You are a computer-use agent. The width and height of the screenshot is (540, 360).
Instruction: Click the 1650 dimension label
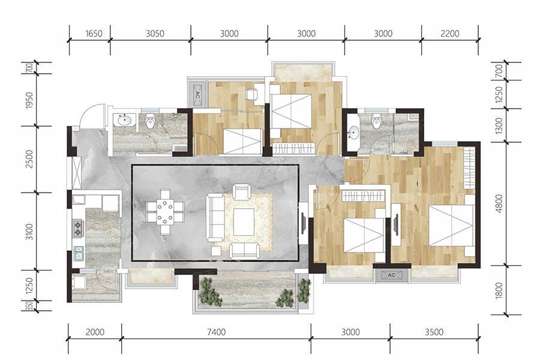[94, 34]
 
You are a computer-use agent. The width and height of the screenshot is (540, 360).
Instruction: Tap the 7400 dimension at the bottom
[217, 332]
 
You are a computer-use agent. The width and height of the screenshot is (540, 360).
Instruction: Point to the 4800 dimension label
[499, 203]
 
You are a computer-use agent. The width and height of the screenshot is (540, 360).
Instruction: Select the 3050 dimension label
[155, 34]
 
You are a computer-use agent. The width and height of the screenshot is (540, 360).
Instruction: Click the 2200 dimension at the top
[450, 34]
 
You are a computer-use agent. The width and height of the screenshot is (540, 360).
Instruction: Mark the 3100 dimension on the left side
[29, 232]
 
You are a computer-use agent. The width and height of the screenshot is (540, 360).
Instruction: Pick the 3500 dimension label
[434, 332]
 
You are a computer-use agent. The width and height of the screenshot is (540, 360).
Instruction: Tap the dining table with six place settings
[166, 212]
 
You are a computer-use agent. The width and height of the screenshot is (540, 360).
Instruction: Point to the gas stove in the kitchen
[78, 229]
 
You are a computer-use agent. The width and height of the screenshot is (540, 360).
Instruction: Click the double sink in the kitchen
[79, 253]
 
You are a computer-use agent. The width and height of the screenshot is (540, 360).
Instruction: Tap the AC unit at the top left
[197, 95]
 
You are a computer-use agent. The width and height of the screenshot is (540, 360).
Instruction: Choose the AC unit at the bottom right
[392, 275]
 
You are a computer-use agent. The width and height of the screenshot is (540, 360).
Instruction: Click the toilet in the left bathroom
[150, 121]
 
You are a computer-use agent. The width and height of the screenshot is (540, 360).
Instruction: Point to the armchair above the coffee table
[241, 192]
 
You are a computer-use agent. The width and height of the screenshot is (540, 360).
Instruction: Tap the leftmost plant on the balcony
[211, 292]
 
